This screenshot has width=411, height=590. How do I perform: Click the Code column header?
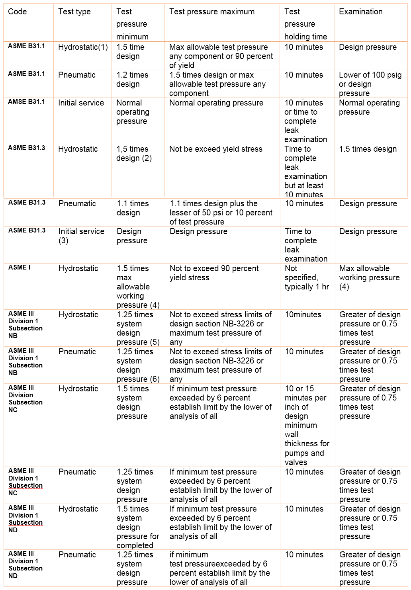click(x=18, y=12)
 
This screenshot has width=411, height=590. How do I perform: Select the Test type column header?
click(x=74, y=12)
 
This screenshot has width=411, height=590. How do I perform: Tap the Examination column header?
click(x=361, y=12)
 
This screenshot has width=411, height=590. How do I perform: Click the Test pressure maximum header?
click(x=212, y=12)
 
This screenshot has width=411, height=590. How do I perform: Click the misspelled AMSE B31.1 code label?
click(x=27, y=102)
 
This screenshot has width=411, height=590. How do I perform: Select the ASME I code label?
click(x=20, y=268)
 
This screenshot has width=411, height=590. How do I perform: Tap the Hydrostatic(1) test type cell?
click(x=83, y=47)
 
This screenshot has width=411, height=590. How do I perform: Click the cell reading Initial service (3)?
click(x=81, y=236)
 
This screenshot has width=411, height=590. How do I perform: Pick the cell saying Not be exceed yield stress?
click(x=216, y=149)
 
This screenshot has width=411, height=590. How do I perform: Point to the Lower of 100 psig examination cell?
click(x=370, y=84)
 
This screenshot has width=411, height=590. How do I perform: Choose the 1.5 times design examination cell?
click(x=368, y=149)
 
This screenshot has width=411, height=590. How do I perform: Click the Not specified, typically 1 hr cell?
click(x=307, y=277)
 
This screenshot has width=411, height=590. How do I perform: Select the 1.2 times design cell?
click(x=132, y=79)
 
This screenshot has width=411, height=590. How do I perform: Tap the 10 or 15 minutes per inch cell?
click(x=307, y=425)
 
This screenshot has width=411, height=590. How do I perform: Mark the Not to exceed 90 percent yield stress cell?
click(x=214, y=273)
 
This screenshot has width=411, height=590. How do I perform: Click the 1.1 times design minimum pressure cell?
click(x=133, y=208)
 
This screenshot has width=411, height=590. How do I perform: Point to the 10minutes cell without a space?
click(x=303, y=315)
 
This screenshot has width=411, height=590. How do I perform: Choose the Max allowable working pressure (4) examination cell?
click(x=369, y=277)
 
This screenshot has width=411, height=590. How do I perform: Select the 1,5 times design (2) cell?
click(x=134, y=154)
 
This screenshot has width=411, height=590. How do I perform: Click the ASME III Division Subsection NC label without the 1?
click(x=25, y=399)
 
